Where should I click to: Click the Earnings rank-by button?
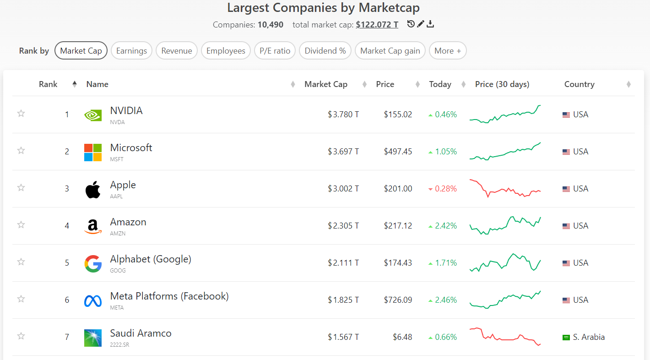(131, 51)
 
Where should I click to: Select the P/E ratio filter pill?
(275, 51)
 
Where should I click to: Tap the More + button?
(448, 51)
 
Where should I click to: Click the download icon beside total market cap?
(430, 24)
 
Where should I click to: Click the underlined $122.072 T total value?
(377, 25)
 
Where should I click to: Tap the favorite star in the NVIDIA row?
(21, 113)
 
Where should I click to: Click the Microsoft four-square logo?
(93, 153)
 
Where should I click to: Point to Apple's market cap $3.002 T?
(343, 189)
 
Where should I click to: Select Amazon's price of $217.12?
(398, 226)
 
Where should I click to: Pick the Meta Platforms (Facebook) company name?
(169, 296)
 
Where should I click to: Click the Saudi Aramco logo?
(93, 338)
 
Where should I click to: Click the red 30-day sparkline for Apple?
(505, 191)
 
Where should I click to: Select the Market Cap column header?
(326, 84)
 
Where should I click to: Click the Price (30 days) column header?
(502, 84)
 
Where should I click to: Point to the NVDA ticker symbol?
(117, 122)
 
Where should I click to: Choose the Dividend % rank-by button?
(325, 51)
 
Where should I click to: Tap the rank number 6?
(67, 300)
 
